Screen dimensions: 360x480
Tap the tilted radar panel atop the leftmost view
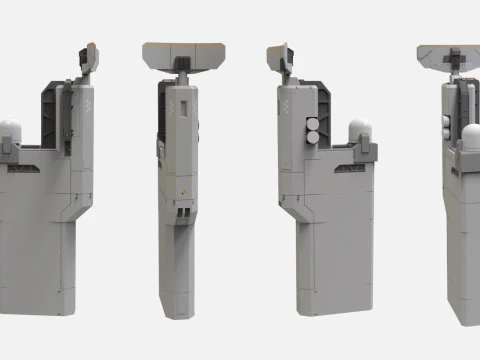90,60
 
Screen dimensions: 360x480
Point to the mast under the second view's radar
181,74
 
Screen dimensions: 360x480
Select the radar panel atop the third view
279,60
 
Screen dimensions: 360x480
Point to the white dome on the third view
359,131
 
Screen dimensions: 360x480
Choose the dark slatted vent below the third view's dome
353,169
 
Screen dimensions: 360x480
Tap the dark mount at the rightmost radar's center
451,67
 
